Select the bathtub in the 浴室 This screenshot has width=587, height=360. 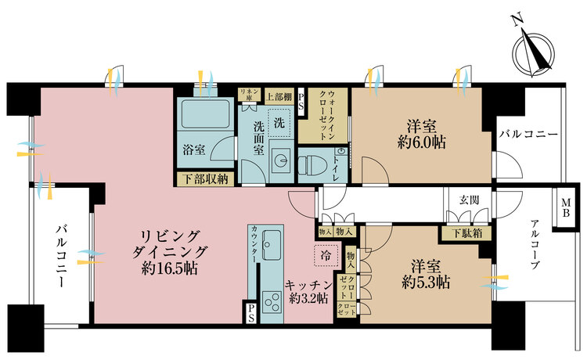pyautogui.click(x=204, y=114)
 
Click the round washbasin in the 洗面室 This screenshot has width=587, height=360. pyautogui.click(x=280, y=160)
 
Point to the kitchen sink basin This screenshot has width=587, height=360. pyautogui.click(x=272, y=244)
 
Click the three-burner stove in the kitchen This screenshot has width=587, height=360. pyautogui.click(x=272, y=301)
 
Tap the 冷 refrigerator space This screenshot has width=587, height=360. pyautogui.click(x=326, y=255)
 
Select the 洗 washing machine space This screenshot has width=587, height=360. pyautogui.click(x=279, y=123)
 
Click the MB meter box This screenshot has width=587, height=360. pyautogui.click(x=566, y=208)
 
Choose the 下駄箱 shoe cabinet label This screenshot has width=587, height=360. pyautogui.click(x=466, y=233)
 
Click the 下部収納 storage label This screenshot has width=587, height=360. pyautogui.click(x=206, y=179)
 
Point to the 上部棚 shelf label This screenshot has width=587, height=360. pyautogui.click(x=279, y=97)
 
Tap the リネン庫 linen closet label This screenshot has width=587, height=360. pyautogui.click(x=249, y=95)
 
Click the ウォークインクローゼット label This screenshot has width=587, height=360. pyautogui.click(x=326, y=115)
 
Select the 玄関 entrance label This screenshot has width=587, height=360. pyautogui.click(x=469, y=200)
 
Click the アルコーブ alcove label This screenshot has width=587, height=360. pyautogui.click(x=535, y=245)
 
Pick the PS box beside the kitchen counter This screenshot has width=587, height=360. pyautogui.click(x=250, y=312)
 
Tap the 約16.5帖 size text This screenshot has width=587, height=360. pyautogui.click(x=170, y=268)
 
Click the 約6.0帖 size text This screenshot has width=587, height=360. pyautogui.click(x=422, y=142)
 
